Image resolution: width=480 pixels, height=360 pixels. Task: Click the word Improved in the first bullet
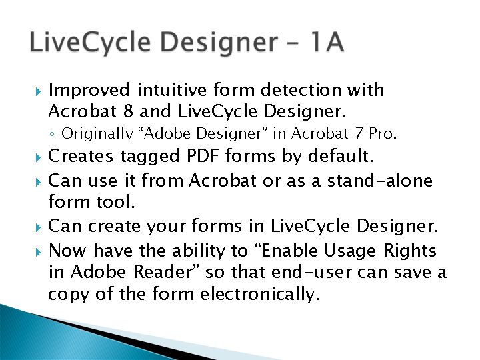click(89, 91)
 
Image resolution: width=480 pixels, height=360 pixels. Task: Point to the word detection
click(301, 90)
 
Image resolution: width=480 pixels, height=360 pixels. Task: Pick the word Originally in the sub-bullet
click(97, 134)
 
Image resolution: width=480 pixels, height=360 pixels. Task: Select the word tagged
click(150, 157)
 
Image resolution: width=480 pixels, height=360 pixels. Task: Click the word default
click(341, 155)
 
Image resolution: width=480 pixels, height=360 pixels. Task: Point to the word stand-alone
click(379, 180)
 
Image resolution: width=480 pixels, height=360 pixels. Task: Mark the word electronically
click(259, 294)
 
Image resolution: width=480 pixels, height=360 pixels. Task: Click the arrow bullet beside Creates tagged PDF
click(38, 157)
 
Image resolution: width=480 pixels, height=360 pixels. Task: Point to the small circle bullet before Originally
click(52, 134)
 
